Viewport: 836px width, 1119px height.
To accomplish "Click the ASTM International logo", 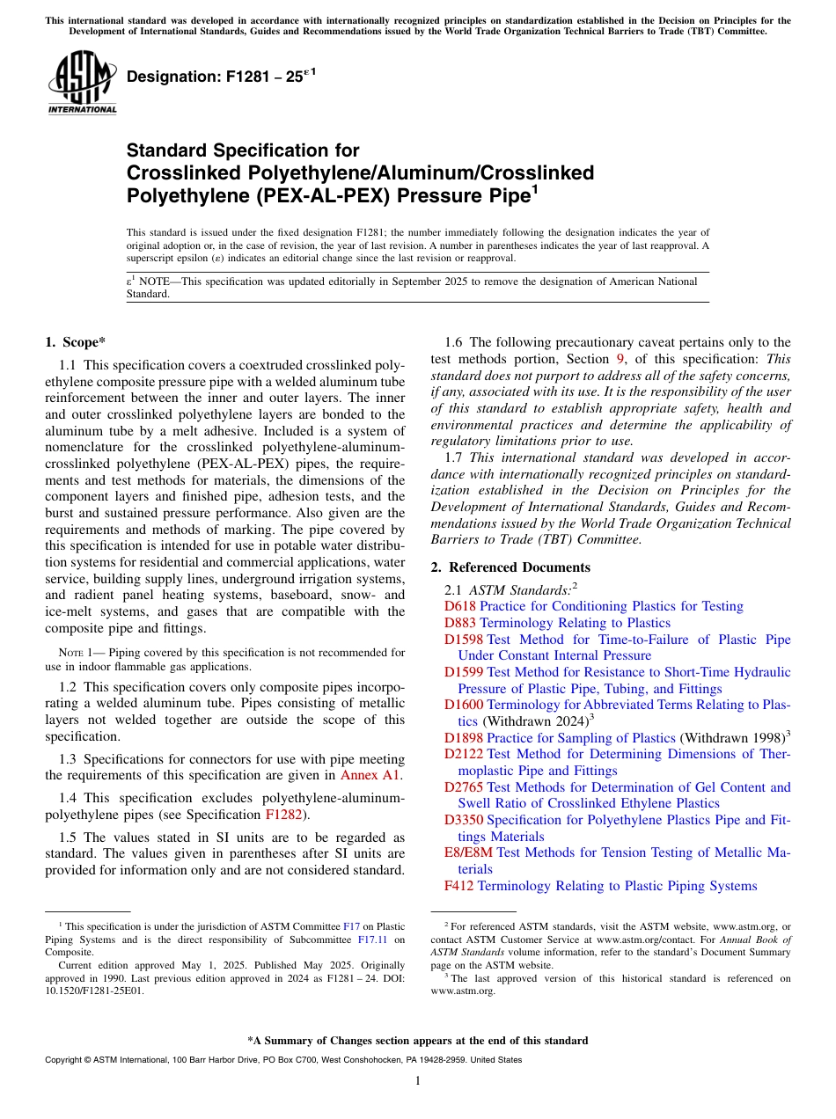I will tap(82, 82).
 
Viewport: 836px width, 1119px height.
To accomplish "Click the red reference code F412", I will tap(459, 886).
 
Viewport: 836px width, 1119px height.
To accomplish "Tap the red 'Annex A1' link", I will tap(370, 775).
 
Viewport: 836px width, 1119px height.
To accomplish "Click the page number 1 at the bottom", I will tap(418, 1080).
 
